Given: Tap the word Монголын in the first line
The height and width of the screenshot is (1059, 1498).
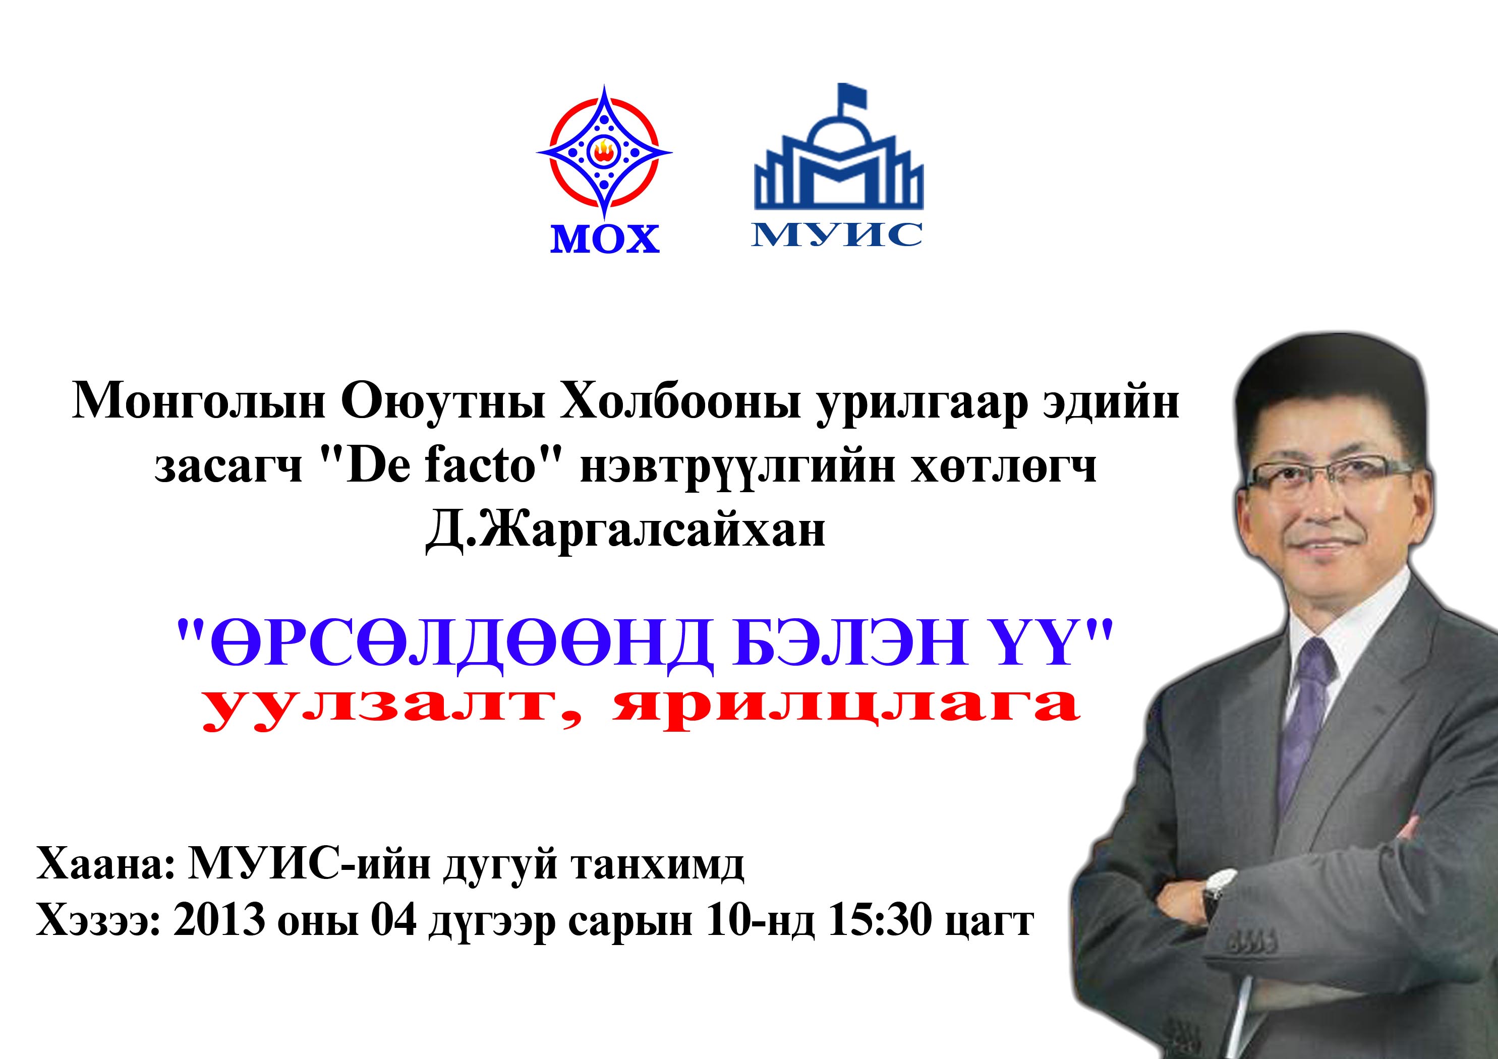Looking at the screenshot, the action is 198,402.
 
